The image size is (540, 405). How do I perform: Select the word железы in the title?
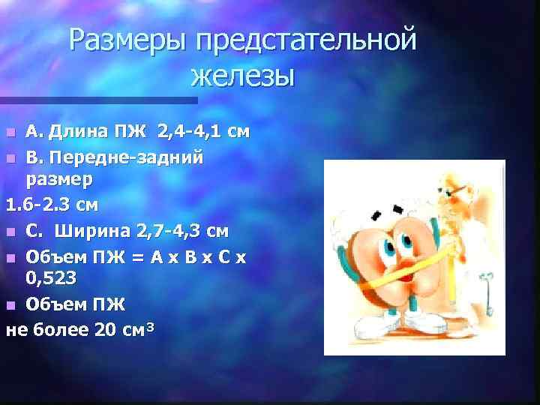point(242,76)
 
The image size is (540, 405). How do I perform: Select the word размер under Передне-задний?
point(59,180)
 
